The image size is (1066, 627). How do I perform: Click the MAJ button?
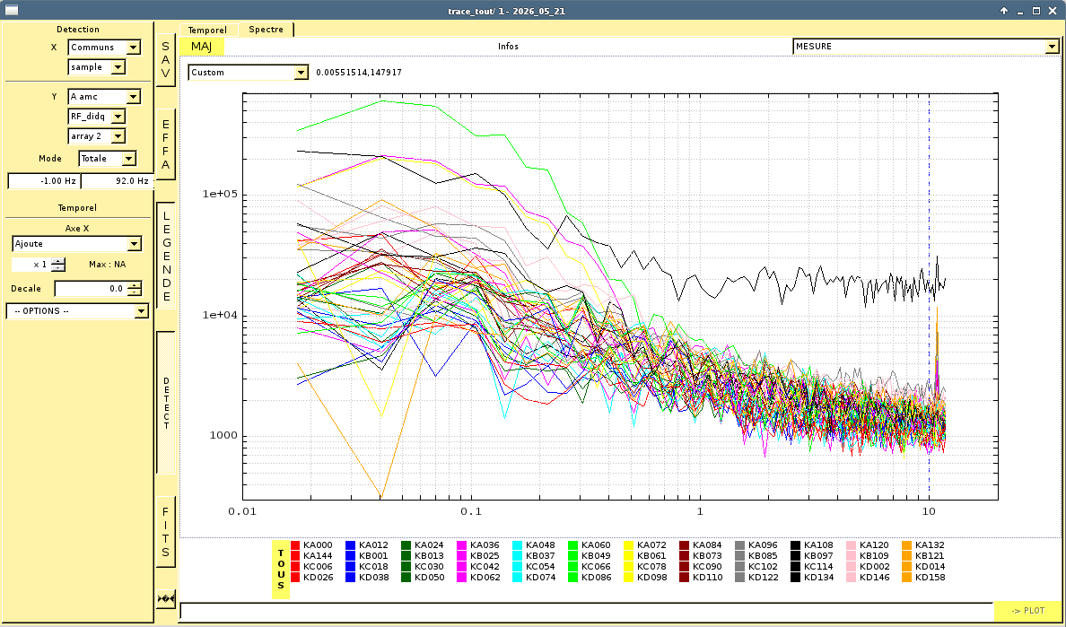(x=201, y=46)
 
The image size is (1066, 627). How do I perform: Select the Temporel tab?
(x=207, y=30)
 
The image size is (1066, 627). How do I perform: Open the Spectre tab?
(x=266, y=30)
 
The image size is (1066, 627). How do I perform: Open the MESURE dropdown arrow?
(x=1052, y=46)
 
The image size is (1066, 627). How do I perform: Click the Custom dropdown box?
(x=249, y=72)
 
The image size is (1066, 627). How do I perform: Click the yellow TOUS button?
(x=281, y=570)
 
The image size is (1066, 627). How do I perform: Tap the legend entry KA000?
(x=311, y=544)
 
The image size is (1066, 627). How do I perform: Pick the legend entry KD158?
(x=923, y=578)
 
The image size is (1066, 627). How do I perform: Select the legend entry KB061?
(x=645, y=555)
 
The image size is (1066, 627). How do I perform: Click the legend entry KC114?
(x=812, y=567)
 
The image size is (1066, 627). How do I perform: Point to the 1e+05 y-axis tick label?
(x=220, y=194)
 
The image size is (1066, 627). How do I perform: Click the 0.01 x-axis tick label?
(x=242, y=510)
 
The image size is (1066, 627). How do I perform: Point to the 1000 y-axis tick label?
(x=223, y=435)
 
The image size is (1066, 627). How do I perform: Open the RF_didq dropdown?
(x=97, y=117)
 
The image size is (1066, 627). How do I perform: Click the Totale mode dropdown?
(x=108, y=158)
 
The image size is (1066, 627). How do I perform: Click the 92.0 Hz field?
(x=118, y=181)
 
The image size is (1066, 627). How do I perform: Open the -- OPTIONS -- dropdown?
(x=77, y=311)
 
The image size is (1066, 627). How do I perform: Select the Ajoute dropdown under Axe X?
(x=77, y=244)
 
